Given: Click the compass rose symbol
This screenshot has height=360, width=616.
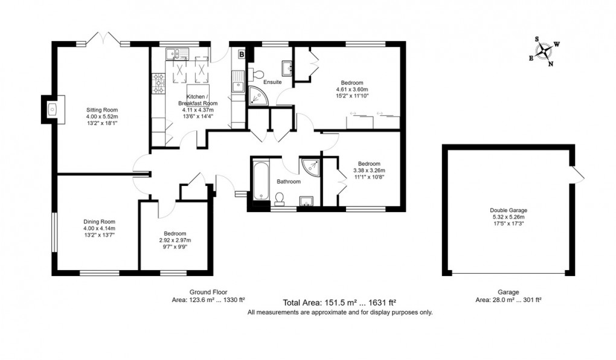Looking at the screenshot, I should [546, 51].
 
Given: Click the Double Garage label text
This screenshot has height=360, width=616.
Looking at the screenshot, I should [507, 210].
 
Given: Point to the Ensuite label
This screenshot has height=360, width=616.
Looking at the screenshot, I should [272, 82].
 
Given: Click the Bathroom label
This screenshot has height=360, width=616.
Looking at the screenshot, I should [289, 181].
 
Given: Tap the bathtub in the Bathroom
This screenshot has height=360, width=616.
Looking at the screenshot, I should [261, 179].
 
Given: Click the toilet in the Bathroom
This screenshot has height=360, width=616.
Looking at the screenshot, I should [280, 198].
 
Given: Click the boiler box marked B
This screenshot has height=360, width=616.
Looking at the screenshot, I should [242, 54].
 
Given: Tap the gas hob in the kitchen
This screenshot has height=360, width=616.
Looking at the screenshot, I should [159, 83].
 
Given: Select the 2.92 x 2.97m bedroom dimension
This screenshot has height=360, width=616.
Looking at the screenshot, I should [174, 240].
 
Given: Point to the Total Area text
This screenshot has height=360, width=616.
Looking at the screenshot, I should [339, 302].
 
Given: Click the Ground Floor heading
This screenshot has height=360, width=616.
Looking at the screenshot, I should [208, 291].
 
